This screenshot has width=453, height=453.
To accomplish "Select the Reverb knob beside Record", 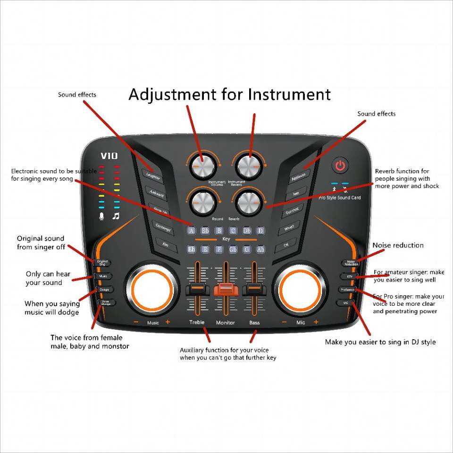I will coord(248,202).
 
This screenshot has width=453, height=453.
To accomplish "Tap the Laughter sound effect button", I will coord(152,177).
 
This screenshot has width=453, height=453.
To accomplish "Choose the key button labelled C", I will coord(233,231).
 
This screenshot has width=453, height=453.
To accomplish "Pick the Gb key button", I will coord(233,249).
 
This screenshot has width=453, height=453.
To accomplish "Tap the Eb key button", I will coord(192,249).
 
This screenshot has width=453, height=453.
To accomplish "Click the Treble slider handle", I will coord(197,290).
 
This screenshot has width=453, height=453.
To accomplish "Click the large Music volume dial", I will coord(152,289).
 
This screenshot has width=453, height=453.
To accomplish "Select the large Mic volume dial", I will coord(300,289).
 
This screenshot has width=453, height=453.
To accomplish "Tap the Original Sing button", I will coord(102,262).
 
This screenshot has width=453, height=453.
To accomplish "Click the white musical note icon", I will coord(116,216).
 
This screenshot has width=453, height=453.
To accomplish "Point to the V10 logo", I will coord(109,156).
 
